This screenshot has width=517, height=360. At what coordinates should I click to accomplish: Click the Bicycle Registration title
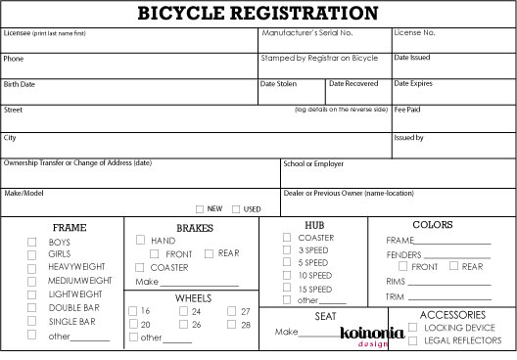pos(258,14)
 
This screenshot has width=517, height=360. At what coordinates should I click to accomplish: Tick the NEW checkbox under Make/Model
pos(200,208)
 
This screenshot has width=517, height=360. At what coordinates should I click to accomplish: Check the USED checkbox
pos(237,208)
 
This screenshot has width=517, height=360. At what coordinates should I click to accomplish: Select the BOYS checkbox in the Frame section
pos(32,242)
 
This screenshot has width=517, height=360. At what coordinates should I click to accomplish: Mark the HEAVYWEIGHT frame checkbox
pos(32,267)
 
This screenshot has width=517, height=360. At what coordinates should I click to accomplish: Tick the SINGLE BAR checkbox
pos(32,321)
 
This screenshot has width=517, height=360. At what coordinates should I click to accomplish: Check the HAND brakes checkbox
pos(141,240)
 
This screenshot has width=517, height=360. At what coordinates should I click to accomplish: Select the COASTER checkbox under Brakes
pos(141,267)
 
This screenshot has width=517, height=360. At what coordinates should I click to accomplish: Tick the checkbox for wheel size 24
pos(183,311)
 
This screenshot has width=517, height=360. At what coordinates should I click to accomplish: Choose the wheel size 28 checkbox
pos(232,324)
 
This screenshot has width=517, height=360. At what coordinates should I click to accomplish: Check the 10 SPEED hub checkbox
pos(287,275)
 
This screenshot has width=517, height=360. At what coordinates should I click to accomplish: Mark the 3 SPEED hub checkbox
pos(287,249)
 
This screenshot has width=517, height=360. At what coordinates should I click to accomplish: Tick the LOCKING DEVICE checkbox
pos(413,328)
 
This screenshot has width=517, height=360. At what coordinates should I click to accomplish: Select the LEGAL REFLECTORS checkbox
pos(413,340)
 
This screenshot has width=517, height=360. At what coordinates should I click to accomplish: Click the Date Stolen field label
pos(278,84)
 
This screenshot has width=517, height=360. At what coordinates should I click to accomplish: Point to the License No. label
pos(414,32)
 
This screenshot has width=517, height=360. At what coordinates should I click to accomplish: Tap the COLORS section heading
pos(432,225)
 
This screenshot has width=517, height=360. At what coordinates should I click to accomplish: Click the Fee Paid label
pos(407,110)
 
